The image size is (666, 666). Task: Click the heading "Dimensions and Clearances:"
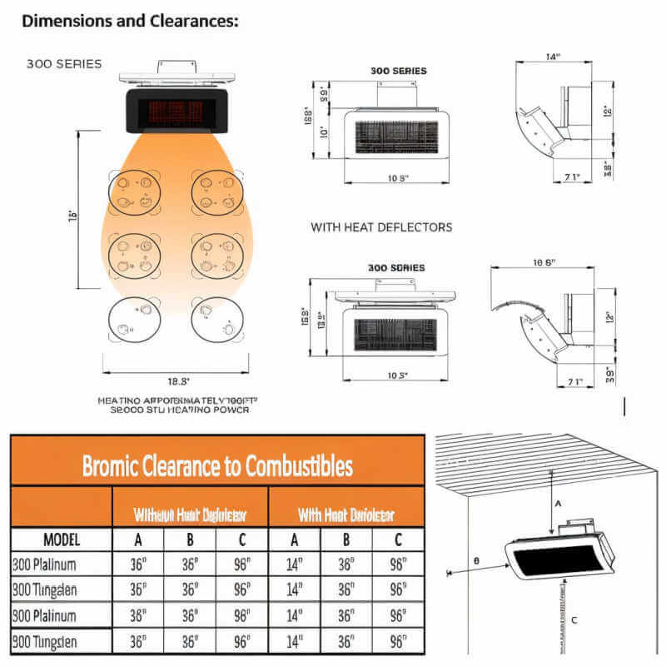(x=130, y=22)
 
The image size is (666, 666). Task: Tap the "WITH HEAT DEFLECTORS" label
(x=381, y=226)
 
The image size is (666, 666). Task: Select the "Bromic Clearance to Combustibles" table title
(x=216, y=465)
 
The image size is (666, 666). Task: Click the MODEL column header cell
(x=61, y=539)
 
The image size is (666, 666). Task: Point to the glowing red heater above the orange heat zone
(x=176, y=111)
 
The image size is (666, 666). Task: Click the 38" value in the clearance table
(x=137, y=616)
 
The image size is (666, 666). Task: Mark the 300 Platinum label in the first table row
(x=45, y=564)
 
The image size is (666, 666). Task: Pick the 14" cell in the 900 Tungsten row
(x=294, y=642)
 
